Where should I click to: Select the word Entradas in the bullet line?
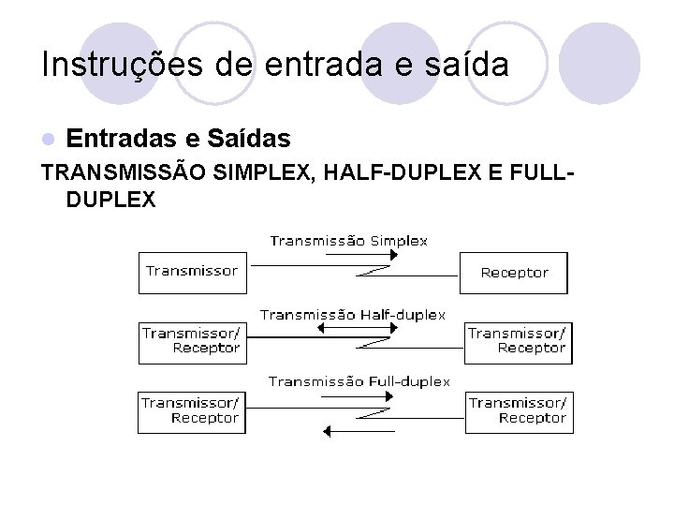(x=124, y=140)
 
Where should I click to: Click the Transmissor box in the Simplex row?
(x=193, y=272)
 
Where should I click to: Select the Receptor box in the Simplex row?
(x=514, y=273)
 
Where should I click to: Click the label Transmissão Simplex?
(x=349, y=241)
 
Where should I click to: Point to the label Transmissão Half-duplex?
(x=353, y=315)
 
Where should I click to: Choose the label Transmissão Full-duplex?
(x=359, y=381)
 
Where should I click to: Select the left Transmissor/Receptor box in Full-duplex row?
(x=193, y=410)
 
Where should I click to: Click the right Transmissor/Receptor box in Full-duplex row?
(x=518, y=410)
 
